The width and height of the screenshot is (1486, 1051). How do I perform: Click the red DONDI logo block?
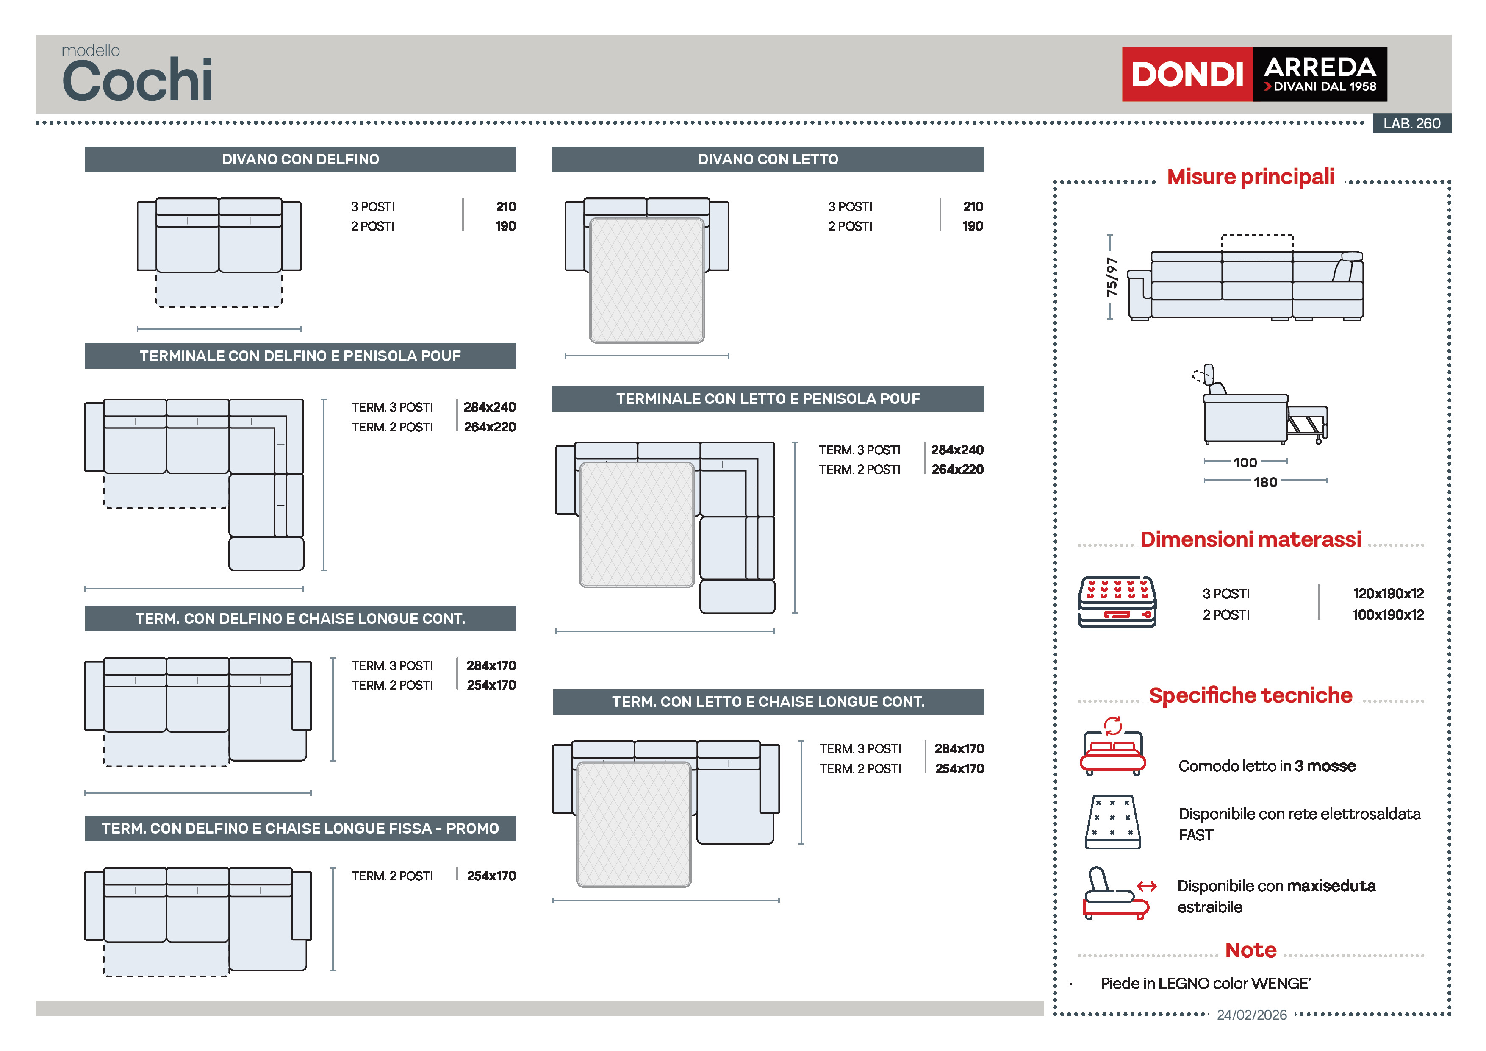coord(1187,74)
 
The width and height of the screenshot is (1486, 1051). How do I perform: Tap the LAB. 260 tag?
coord(1411,123)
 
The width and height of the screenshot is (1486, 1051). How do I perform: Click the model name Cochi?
coord(137,80)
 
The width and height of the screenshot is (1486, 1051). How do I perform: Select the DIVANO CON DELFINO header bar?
coord(300,159)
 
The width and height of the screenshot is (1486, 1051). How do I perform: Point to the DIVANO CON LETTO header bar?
coord(768,159)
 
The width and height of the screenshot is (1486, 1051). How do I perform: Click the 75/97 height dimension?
coord(1111,277)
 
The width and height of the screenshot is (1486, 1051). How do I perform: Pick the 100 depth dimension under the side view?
coord(1245,462)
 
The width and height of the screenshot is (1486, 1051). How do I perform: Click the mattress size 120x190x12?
coord(1388,593)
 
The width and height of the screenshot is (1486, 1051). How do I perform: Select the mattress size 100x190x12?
coord(1388,614)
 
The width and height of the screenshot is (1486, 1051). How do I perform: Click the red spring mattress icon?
coord(1117,602)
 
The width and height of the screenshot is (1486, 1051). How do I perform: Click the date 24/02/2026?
coord(1252,1015)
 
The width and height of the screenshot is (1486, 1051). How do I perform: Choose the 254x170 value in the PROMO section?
coord(491,876)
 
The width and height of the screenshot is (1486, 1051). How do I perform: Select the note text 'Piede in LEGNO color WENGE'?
coord(1205,983)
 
